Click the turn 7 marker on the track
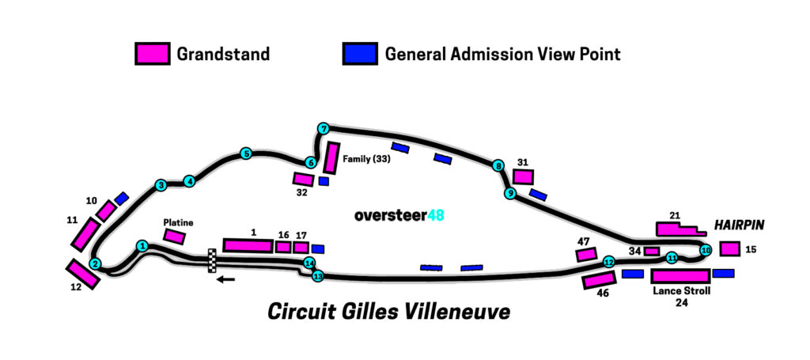(x=324, y=129)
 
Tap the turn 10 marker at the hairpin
(x=706, y=251)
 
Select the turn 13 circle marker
(x=318, y=276)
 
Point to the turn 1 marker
(x=143, y=246)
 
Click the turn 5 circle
(x=246, y=153)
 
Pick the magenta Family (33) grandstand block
(x=331, y=158)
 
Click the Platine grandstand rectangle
(x=174, y=237)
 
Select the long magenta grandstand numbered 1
(x=248, y=245)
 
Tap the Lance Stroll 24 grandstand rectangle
(x=680, y=276)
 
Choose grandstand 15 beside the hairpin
(x=730, y=249)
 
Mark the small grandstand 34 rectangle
(x=652, y=252)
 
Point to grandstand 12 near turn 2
(x=82, y=274)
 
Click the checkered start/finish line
(x=212, y=260)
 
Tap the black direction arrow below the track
(x=225, y=280)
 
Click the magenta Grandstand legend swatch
(x=153, y=54)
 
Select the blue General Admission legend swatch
(x=360, y=54)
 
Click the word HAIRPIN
(x=739, y=225)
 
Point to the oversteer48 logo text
(x=399, y=215)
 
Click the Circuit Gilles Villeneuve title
(x=388, y=312)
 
